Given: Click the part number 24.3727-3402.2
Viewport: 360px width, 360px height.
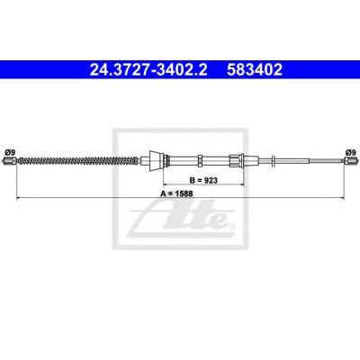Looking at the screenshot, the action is (x=148, y=69).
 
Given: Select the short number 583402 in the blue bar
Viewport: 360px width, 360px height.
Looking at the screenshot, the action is (x=255, y=69).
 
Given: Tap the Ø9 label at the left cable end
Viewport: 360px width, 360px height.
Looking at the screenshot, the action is (x=9, y=152).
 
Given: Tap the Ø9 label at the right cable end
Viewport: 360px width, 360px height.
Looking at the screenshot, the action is (x=350, y=152).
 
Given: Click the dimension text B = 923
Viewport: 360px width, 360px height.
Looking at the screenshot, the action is (x=203, y=180).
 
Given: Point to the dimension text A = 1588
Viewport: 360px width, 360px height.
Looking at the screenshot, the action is (x=176, y=193).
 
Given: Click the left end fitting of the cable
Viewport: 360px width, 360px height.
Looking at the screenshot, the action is (x=10, y=161).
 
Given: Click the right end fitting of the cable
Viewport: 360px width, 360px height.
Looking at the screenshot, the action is (x=351, y=161).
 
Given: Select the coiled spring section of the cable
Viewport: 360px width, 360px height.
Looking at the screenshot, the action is (x=78, y=161).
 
